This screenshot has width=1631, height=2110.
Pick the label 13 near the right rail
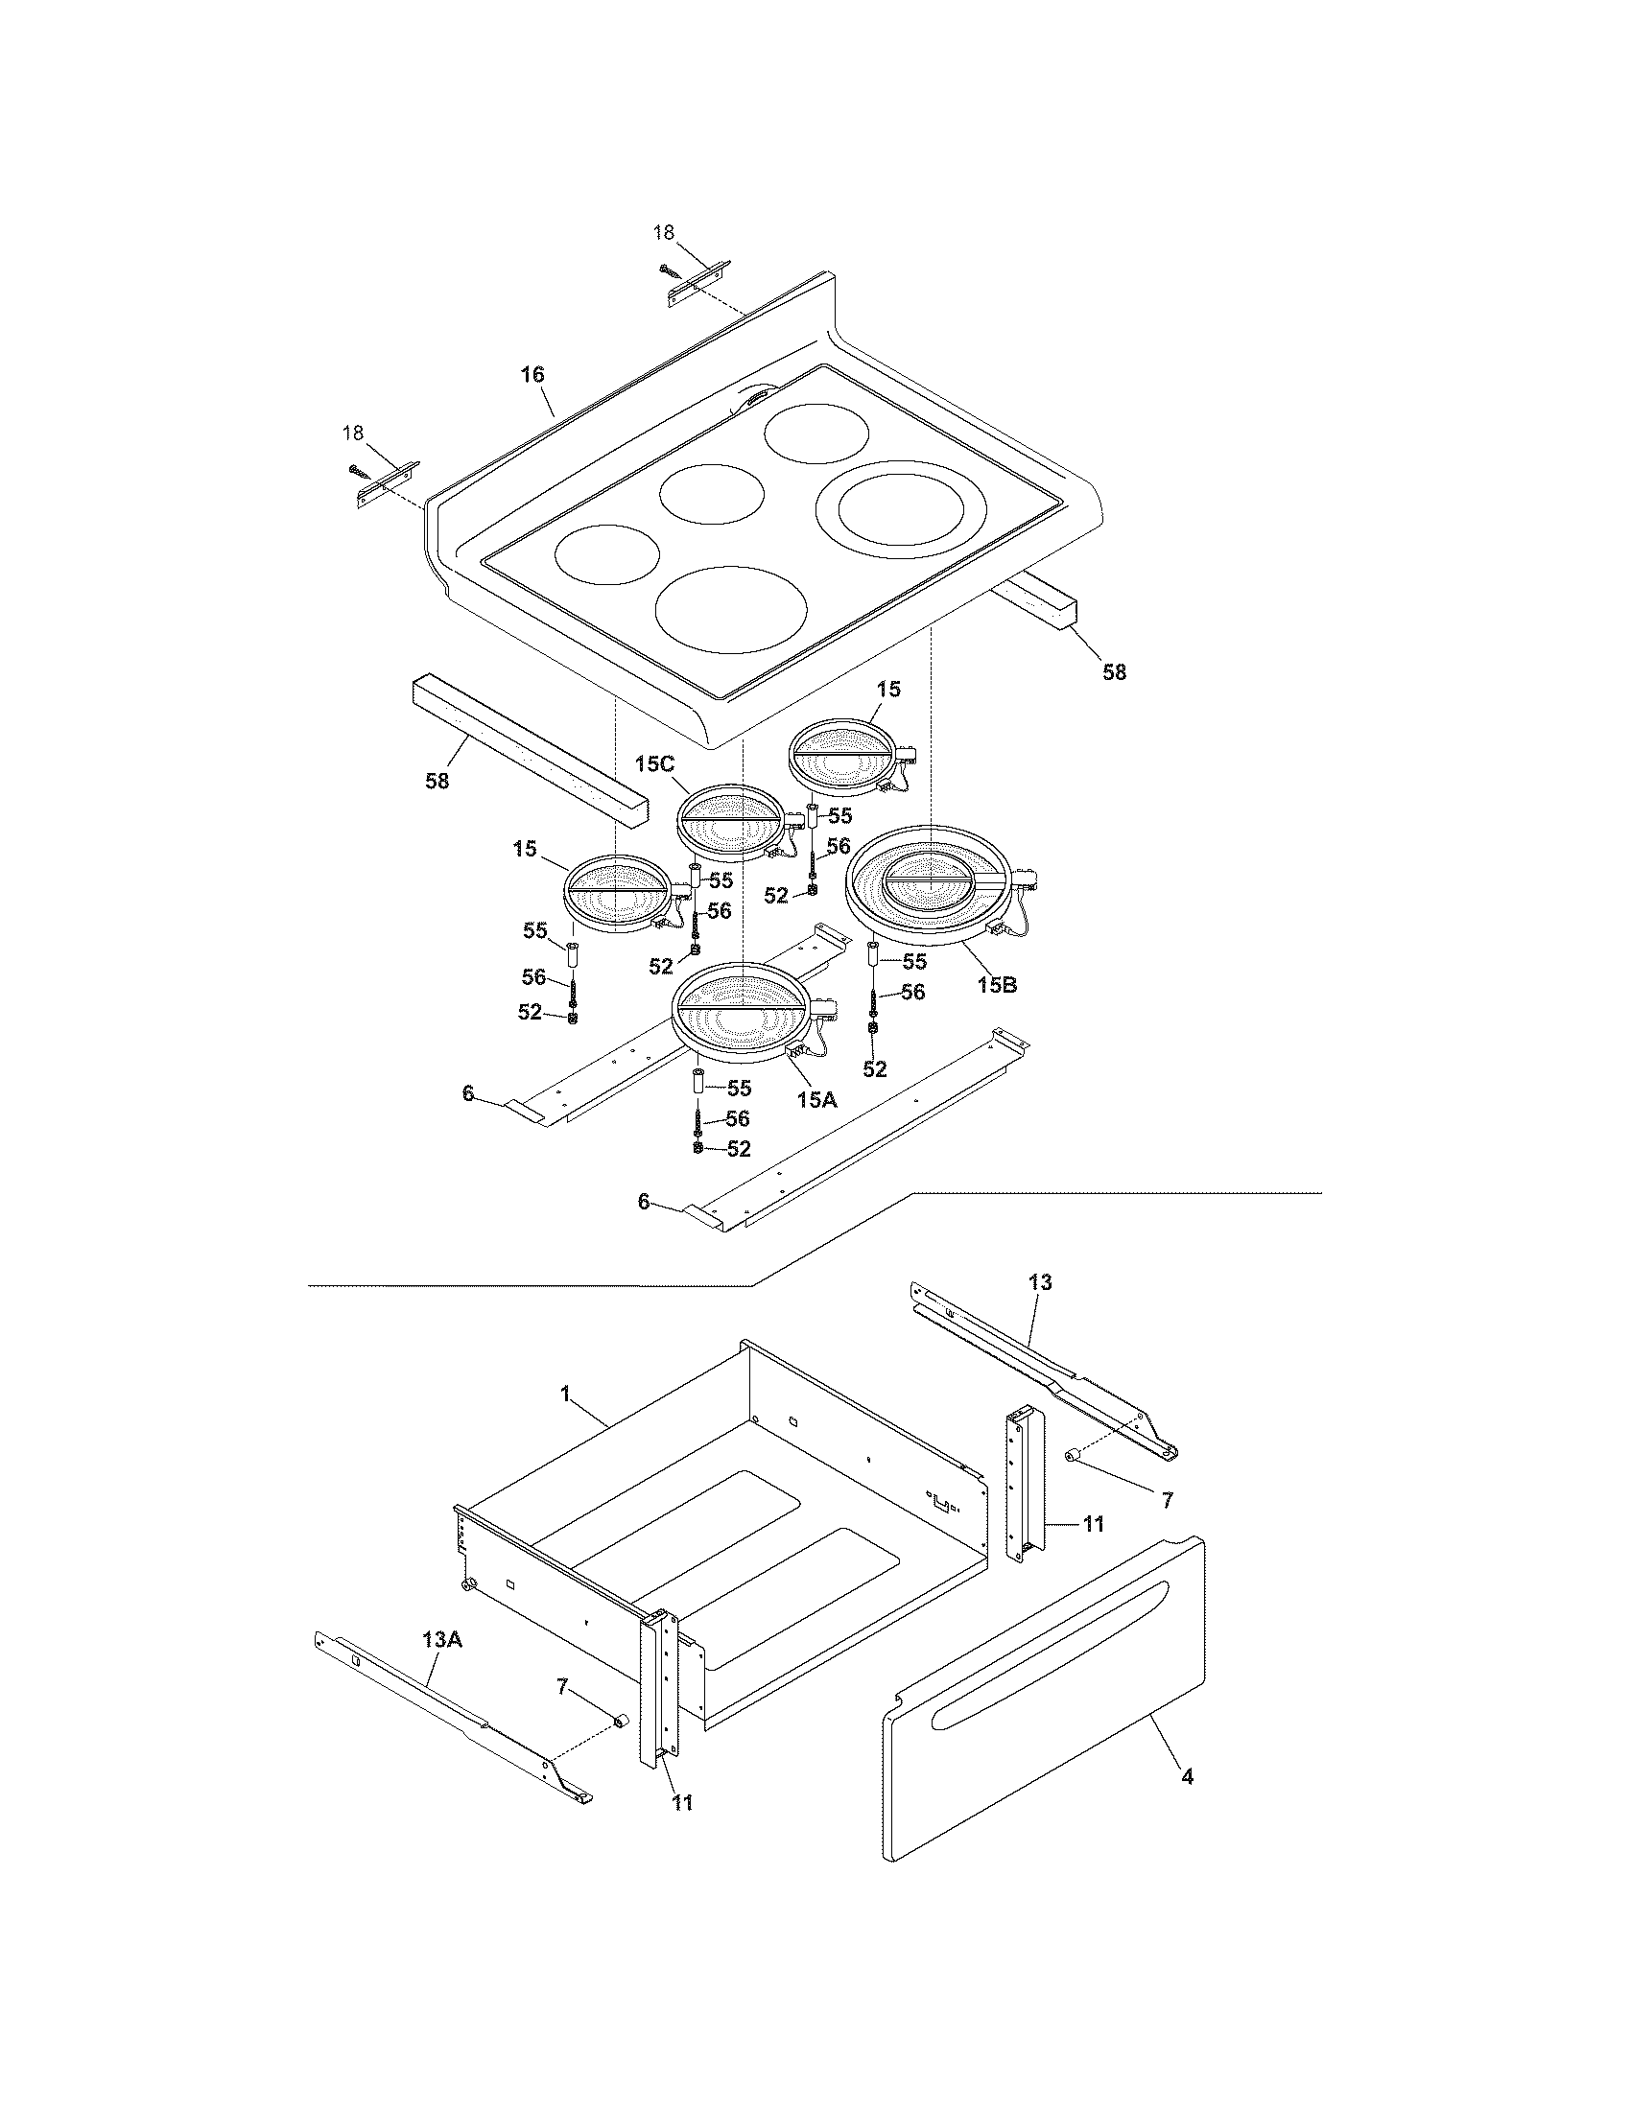1040,1282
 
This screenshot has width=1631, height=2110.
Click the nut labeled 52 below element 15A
697,1148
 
